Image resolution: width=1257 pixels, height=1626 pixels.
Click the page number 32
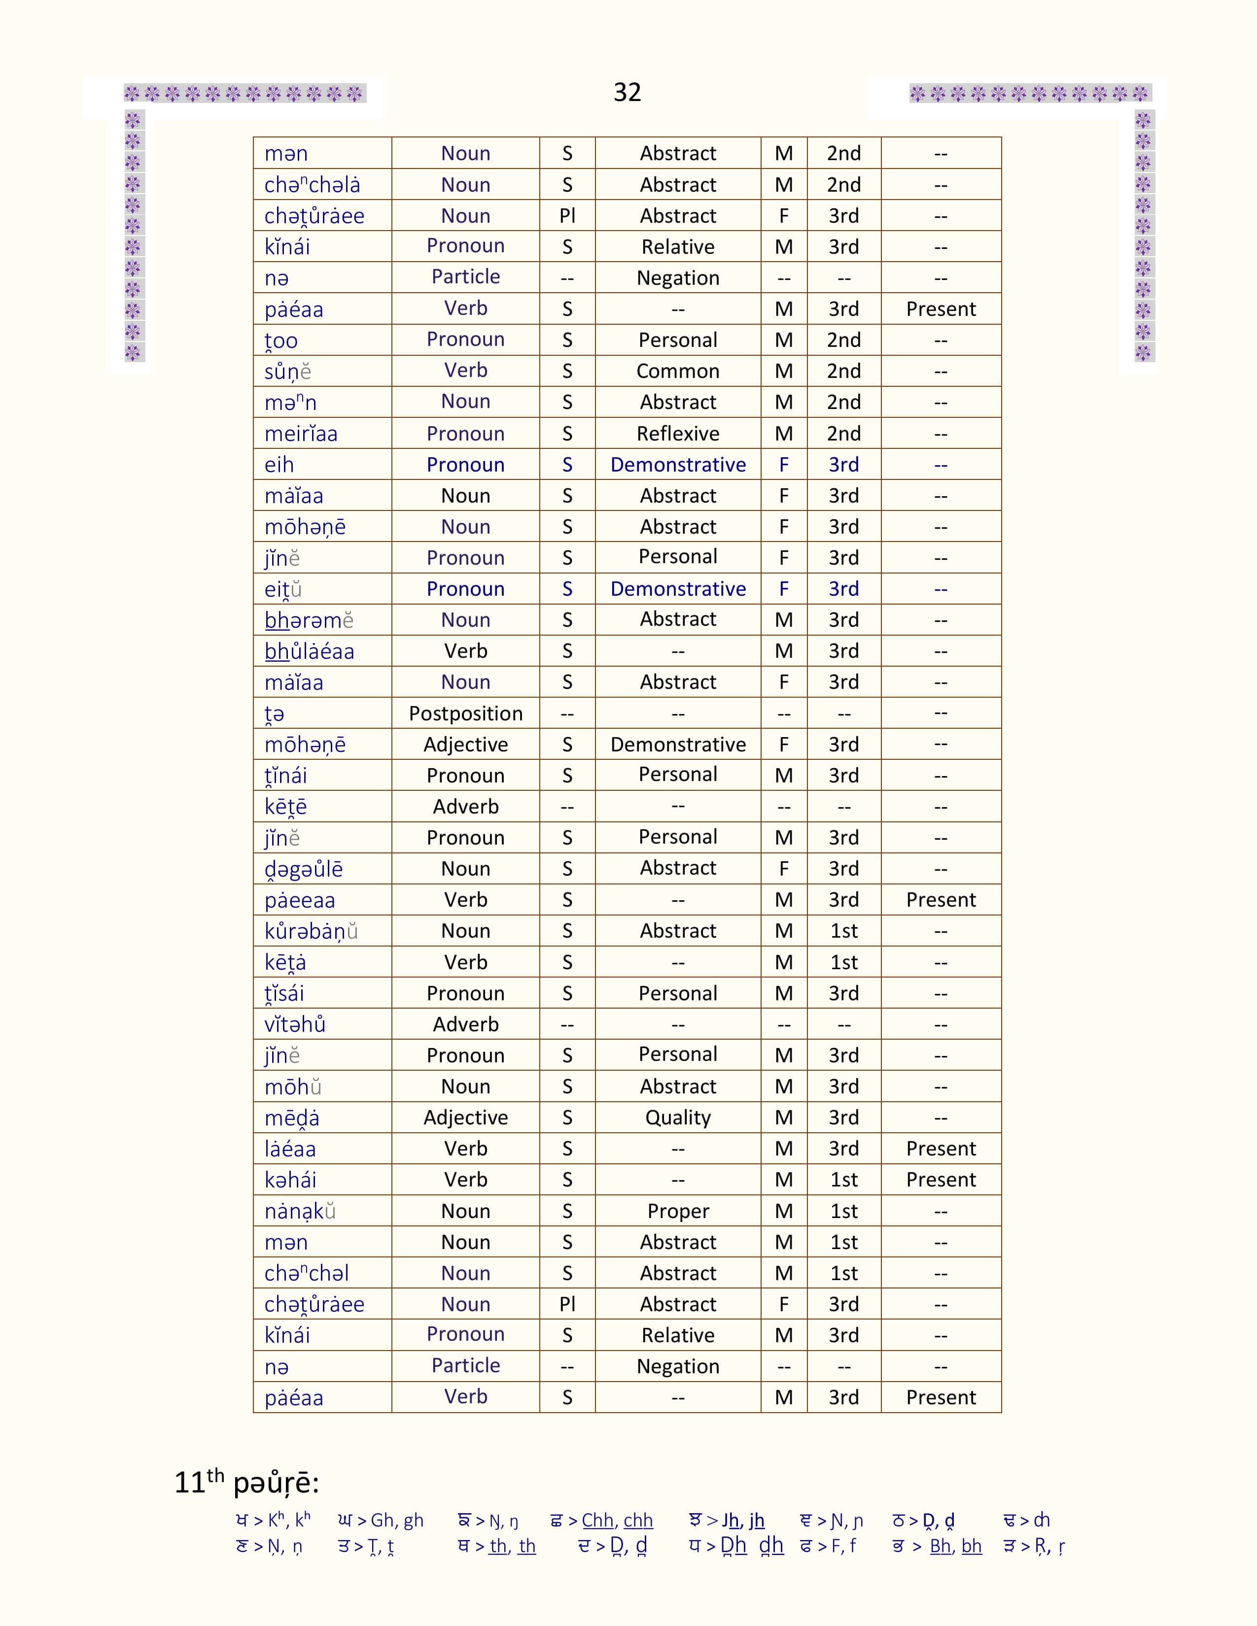(x=627, y=92)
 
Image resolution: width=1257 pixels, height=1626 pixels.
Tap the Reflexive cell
(x=678, y=433)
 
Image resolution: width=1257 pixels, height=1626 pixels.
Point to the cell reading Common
(x=678, y=371)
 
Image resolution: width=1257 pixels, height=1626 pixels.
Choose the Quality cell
(x=678, y=1118)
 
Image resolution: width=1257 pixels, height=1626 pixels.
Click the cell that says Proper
(x=678, y=1211)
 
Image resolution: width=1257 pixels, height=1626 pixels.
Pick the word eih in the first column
(x=279, y=465)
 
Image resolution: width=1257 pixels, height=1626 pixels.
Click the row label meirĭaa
(x=301, y=433)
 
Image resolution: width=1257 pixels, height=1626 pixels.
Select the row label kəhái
(x=290, y=1180)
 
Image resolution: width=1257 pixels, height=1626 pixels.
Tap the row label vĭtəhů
(x=295, y=1024)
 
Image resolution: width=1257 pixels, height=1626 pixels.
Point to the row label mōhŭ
(x=293, y=1087)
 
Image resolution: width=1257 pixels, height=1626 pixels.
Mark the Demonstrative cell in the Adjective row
(x=678, y=745)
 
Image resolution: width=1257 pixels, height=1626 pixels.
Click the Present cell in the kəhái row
(x=941, y=1180)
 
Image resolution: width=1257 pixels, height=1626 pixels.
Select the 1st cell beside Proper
(x=844, y=1211)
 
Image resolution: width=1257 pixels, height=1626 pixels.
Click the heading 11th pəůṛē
(x=246, y=1482)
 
